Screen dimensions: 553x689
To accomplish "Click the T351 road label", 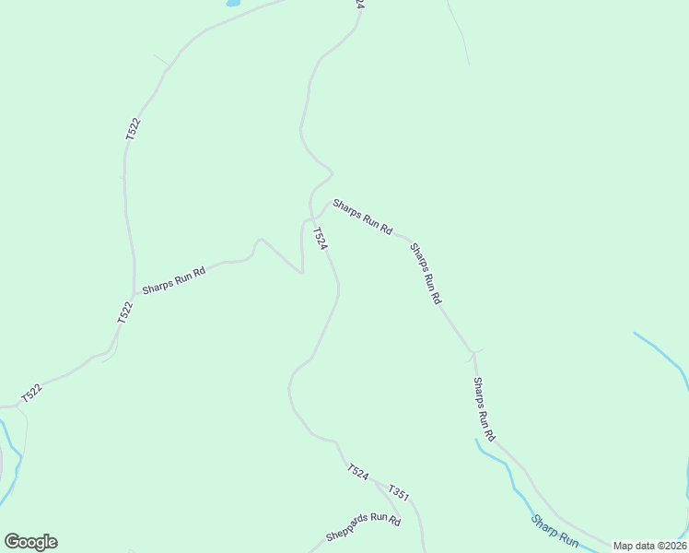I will [x=399, y=493].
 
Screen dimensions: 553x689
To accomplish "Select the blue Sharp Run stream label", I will [x=555, y=532].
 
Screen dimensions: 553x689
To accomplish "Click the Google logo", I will [x=30, y=541].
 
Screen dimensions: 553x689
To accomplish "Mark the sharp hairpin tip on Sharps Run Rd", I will [x=301, y=272].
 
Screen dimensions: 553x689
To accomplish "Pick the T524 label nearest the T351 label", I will [x=358, y=473].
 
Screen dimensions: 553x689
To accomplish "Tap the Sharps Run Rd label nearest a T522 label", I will [x=172, y=280].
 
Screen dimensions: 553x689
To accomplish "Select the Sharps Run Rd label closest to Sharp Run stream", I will [x=485, y=408].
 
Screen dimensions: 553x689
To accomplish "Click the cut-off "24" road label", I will [x=358, y=5].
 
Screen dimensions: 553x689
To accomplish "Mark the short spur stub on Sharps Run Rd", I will [x=478, y=350].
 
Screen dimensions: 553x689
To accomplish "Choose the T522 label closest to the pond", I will [x=134, y=129].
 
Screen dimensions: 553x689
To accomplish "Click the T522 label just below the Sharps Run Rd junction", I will [x=125, y=312].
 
